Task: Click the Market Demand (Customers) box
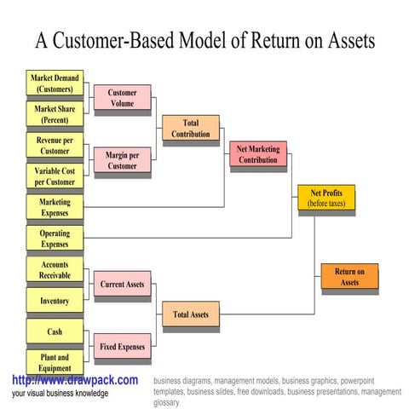(x=55, y=84)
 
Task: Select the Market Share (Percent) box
(x=55, y=114)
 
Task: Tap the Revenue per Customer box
(x=55, y=145)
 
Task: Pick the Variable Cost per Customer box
(x=55, y=176)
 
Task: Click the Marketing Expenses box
(x=55, y=207)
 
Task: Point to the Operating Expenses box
(x=55, y=238)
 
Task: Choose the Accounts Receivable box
(x=55, y=269)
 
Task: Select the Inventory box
(x=55, y=301)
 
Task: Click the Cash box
(x=55, y=331)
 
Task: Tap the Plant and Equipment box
(x=55, y=361)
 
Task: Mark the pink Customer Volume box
(x=122, y=98)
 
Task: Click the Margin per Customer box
(x=122, y=160)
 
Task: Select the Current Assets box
(x=122, y=284)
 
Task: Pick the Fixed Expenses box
(x=122, y=346)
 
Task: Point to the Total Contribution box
(x=190, y=129)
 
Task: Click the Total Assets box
(x=190, y=314)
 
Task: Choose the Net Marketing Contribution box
(x=257, y=154)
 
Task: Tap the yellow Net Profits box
(x=325, y=198)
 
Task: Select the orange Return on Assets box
(x=349, y=276)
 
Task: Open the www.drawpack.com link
(x=75, y=380)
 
